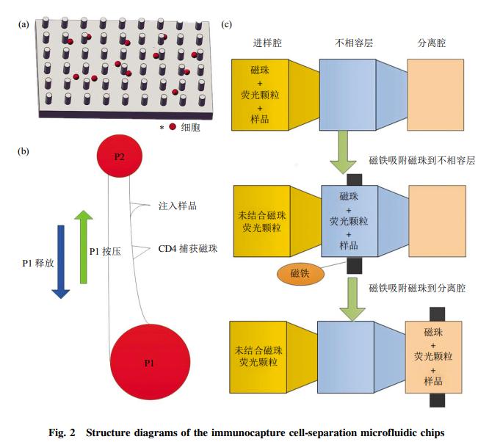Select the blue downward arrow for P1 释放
(x=61, y=261)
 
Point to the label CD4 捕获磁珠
(x=188, y=248)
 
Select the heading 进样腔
(x=267, y=43)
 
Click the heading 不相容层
(x=352, y=43)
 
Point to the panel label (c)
(x=227, y=25)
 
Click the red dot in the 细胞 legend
(x=173, y=127)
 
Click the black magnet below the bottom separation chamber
(x=437, y=401)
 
